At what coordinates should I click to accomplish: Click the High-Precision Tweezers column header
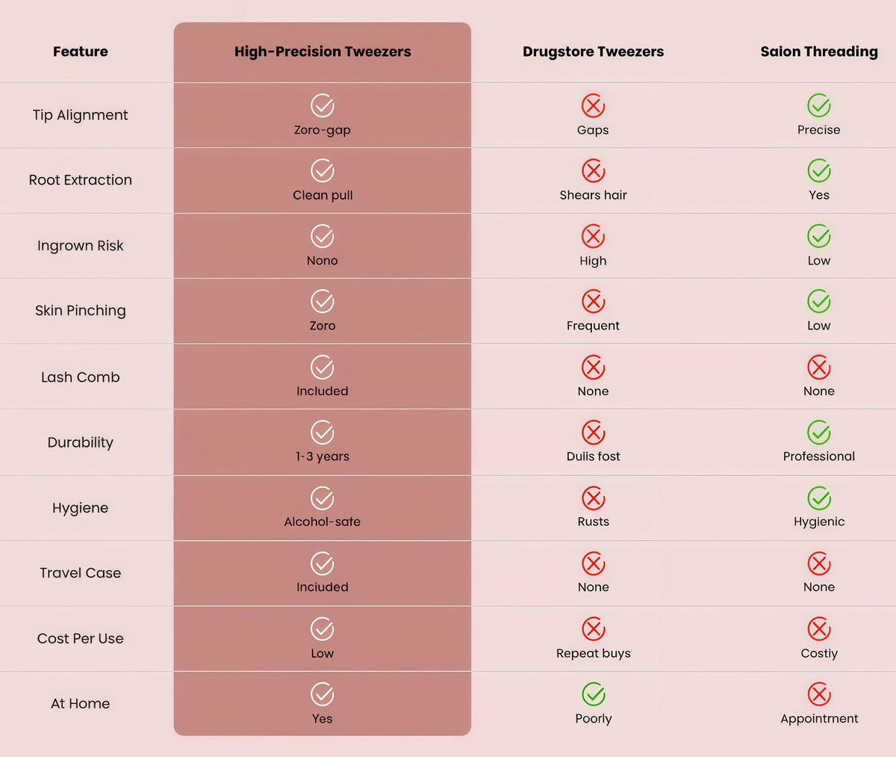click(x=323, y=52)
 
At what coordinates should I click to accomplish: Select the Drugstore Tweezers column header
click(x=593, y=52)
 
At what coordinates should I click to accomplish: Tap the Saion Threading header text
click(x=819, y=52)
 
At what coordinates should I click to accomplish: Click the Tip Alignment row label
click(x=80, y=115)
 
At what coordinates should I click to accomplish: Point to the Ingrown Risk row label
click(x=80, y=245)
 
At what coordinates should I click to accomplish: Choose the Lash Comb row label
click(x=80, y=377)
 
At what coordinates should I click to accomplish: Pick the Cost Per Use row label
click(x=80, y=638)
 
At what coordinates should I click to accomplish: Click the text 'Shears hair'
click(x=593, y=195)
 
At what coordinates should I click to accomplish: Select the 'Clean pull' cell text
click(x=323, y=195)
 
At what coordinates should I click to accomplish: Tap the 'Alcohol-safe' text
click(x=323, y=522)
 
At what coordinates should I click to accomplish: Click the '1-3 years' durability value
click(x=323, y=457)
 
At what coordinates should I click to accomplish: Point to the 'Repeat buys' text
click(x=594, y=653)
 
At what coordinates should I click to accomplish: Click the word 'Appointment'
click(x=819, y=718)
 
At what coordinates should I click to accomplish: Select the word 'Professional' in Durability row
click(x=819, y=457)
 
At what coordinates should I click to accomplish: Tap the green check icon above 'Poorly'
click(x=594, y=693)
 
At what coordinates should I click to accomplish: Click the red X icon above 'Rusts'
click(x=594, y=498)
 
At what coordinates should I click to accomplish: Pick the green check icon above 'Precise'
click(x=819, y=105)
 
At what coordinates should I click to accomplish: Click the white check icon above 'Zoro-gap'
click(x=323, y=105)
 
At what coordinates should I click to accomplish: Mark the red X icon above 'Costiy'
click(x=819, y=629)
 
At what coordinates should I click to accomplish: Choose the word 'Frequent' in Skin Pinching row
click(x=593, y=326)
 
